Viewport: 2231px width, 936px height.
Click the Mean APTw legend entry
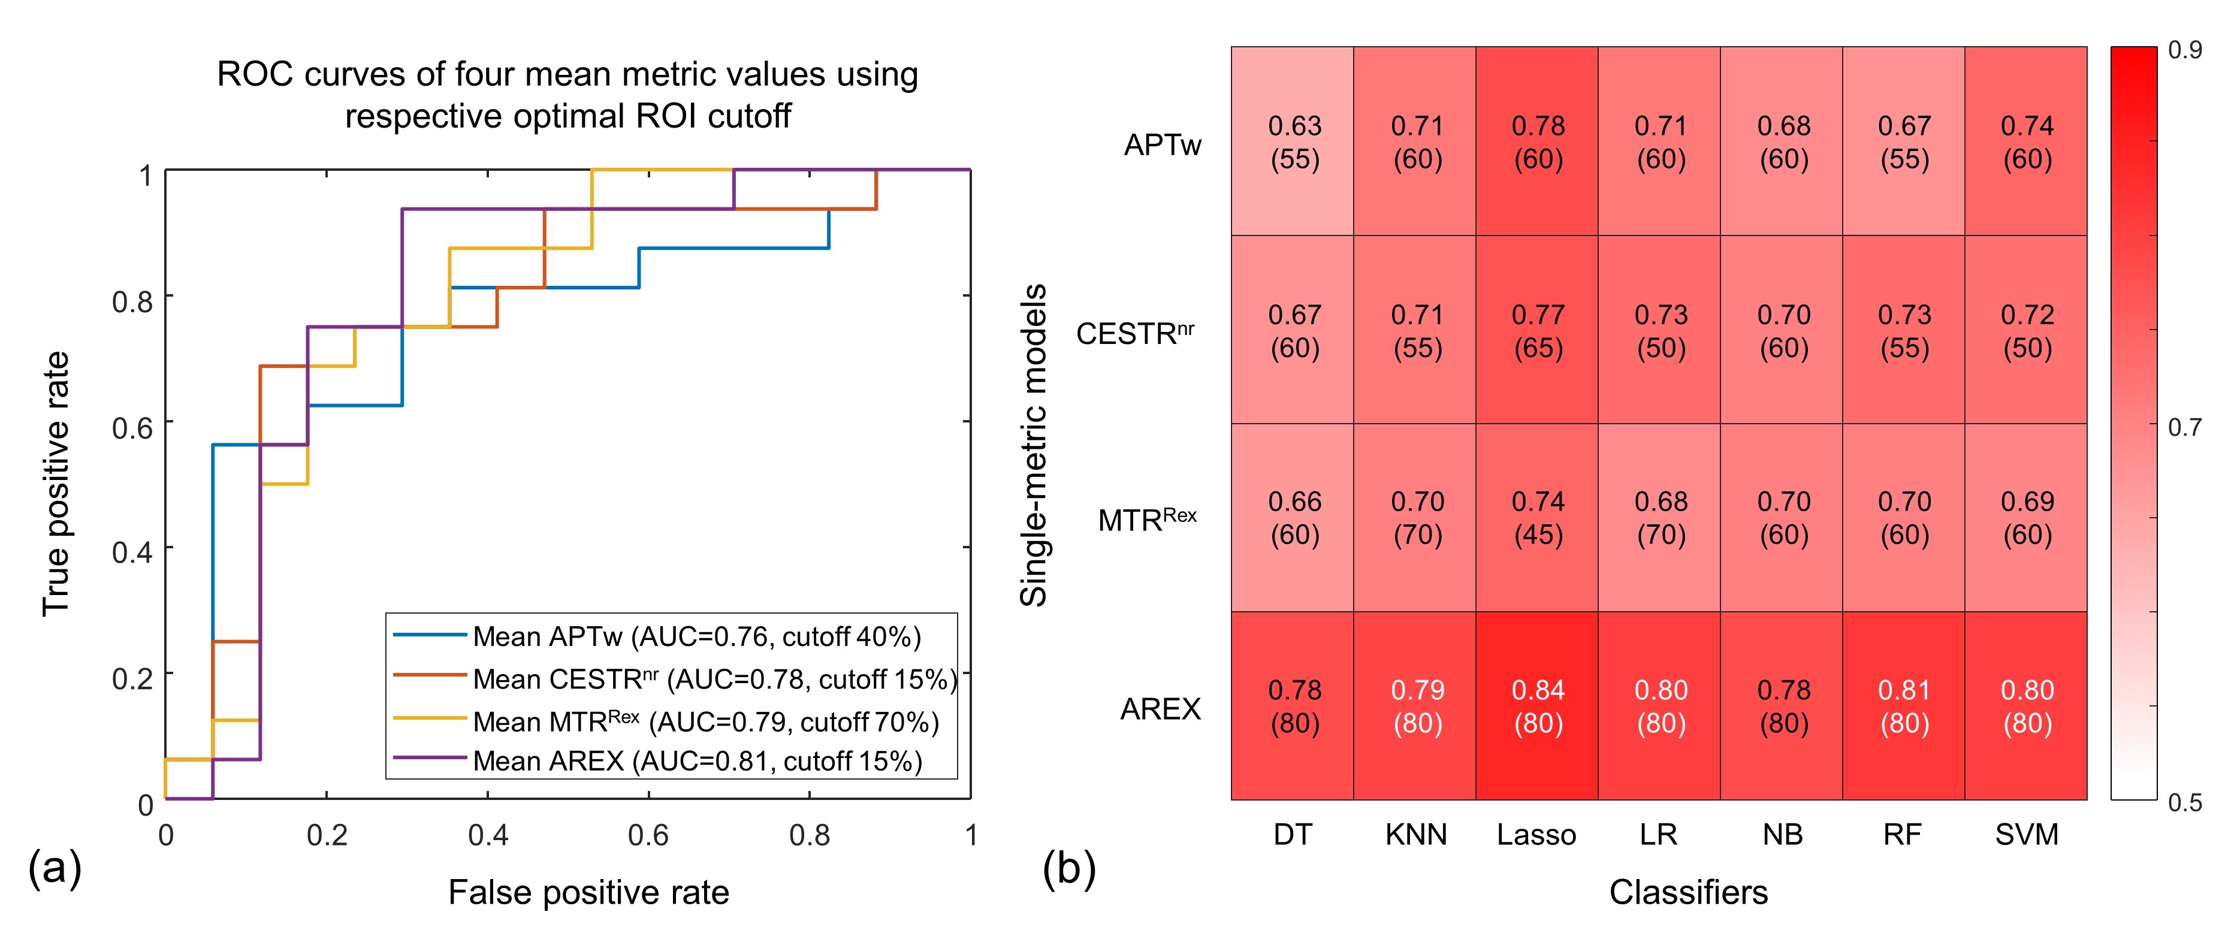coord(696,636)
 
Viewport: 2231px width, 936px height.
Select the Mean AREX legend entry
coord(697,761)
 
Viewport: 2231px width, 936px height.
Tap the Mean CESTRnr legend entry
coord(714,679)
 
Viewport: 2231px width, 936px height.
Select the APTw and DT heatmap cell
coord(1294,141)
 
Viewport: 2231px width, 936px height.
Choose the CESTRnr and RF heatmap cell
coord(1904,330)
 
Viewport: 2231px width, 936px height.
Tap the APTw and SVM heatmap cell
coord(2027,141)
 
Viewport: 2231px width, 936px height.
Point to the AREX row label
coord(1161,709)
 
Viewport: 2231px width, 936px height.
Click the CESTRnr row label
coord(1134,333)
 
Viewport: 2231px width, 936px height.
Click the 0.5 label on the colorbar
coord(2184,802)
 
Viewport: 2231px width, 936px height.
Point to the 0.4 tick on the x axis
coord(488,835)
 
